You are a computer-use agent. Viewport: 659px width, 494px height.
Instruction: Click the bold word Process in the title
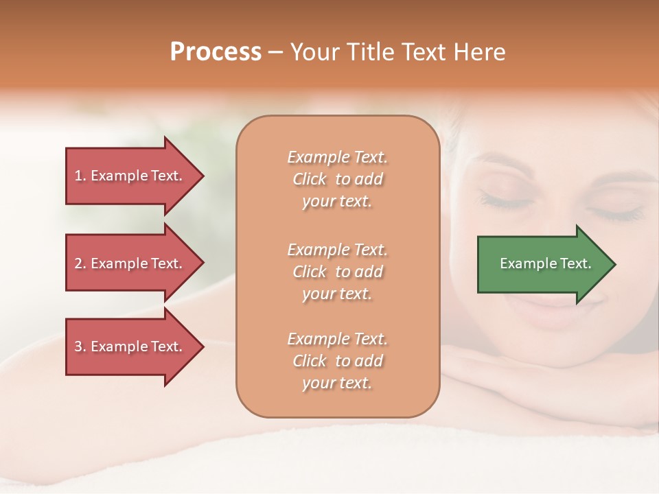(216, 52)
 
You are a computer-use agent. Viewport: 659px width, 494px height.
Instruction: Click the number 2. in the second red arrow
(80, 263)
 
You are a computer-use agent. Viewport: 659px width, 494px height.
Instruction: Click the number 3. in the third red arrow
(80, 346)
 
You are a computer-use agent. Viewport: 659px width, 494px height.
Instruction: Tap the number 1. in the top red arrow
(80, 176)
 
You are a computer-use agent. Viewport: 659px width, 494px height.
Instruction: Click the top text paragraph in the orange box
(337, 179)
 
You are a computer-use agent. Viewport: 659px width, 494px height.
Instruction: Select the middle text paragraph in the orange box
(337, 272)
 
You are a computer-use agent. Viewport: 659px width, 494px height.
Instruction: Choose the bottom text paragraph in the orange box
(337, 361)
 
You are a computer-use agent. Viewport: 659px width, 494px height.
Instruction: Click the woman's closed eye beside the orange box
(506, 200)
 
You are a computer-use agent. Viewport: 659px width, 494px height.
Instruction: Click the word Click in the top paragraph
(310, 179)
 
